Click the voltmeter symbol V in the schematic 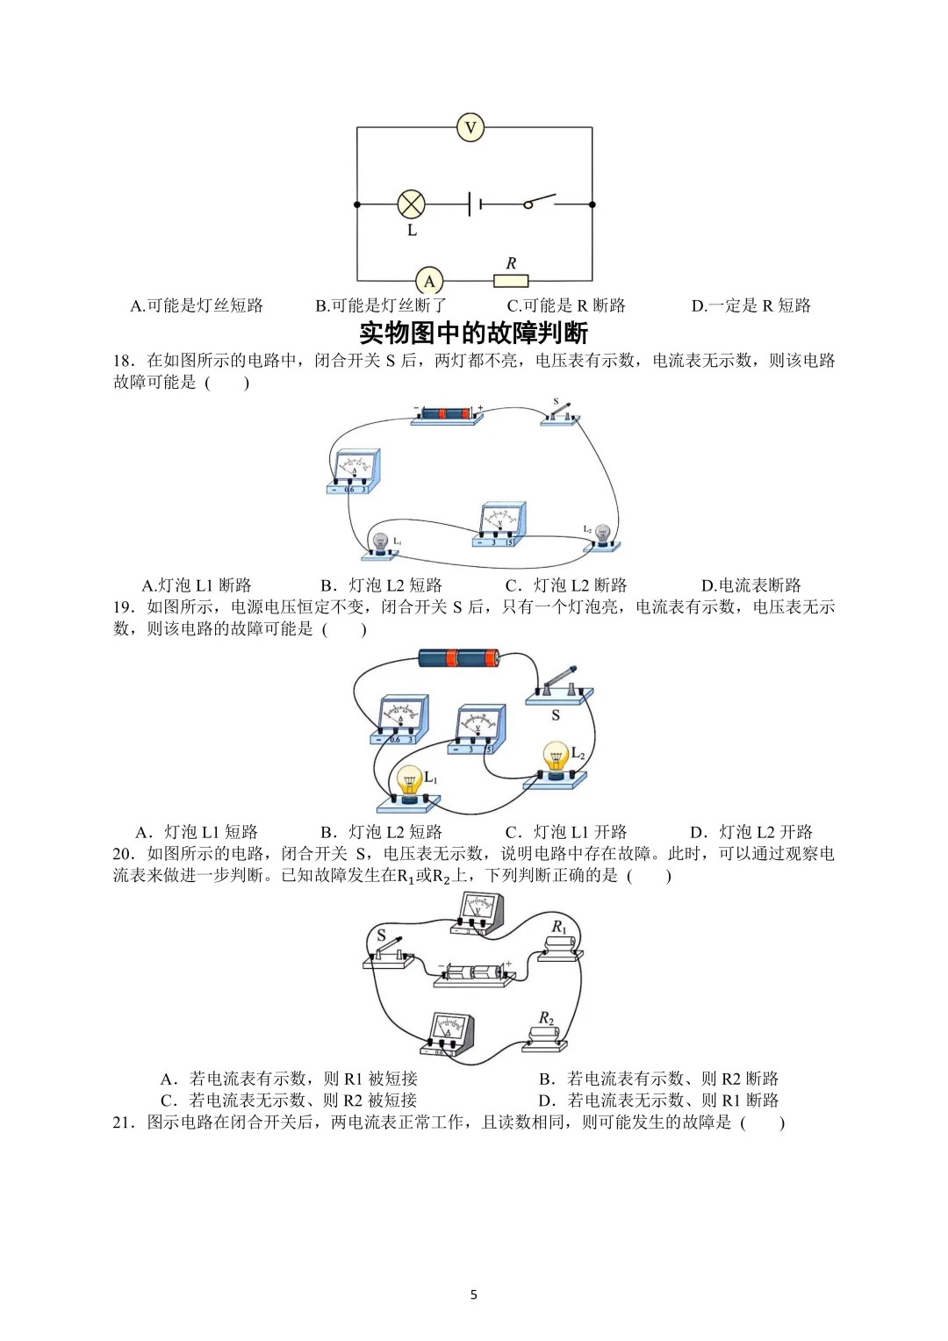(470, 128)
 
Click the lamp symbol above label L (411, 204)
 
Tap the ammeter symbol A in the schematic (429, 281)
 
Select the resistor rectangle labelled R (511, 281)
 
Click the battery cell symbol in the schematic (474, 204)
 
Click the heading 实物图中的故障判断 (474, 333)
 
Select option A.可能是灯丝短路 (197, 305)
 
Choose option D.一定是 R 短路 (750, 305)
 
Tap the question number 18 (123, 361)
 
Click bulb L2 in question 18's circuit (602, 536)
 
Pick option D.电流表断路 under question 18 (750, 585)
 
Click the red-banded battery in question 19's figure (458, 658)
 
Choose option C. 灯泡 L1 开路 (566, 832)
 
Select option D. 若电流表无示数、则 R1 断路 (658, 1101)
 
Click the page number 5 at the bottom (474, 1294)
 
